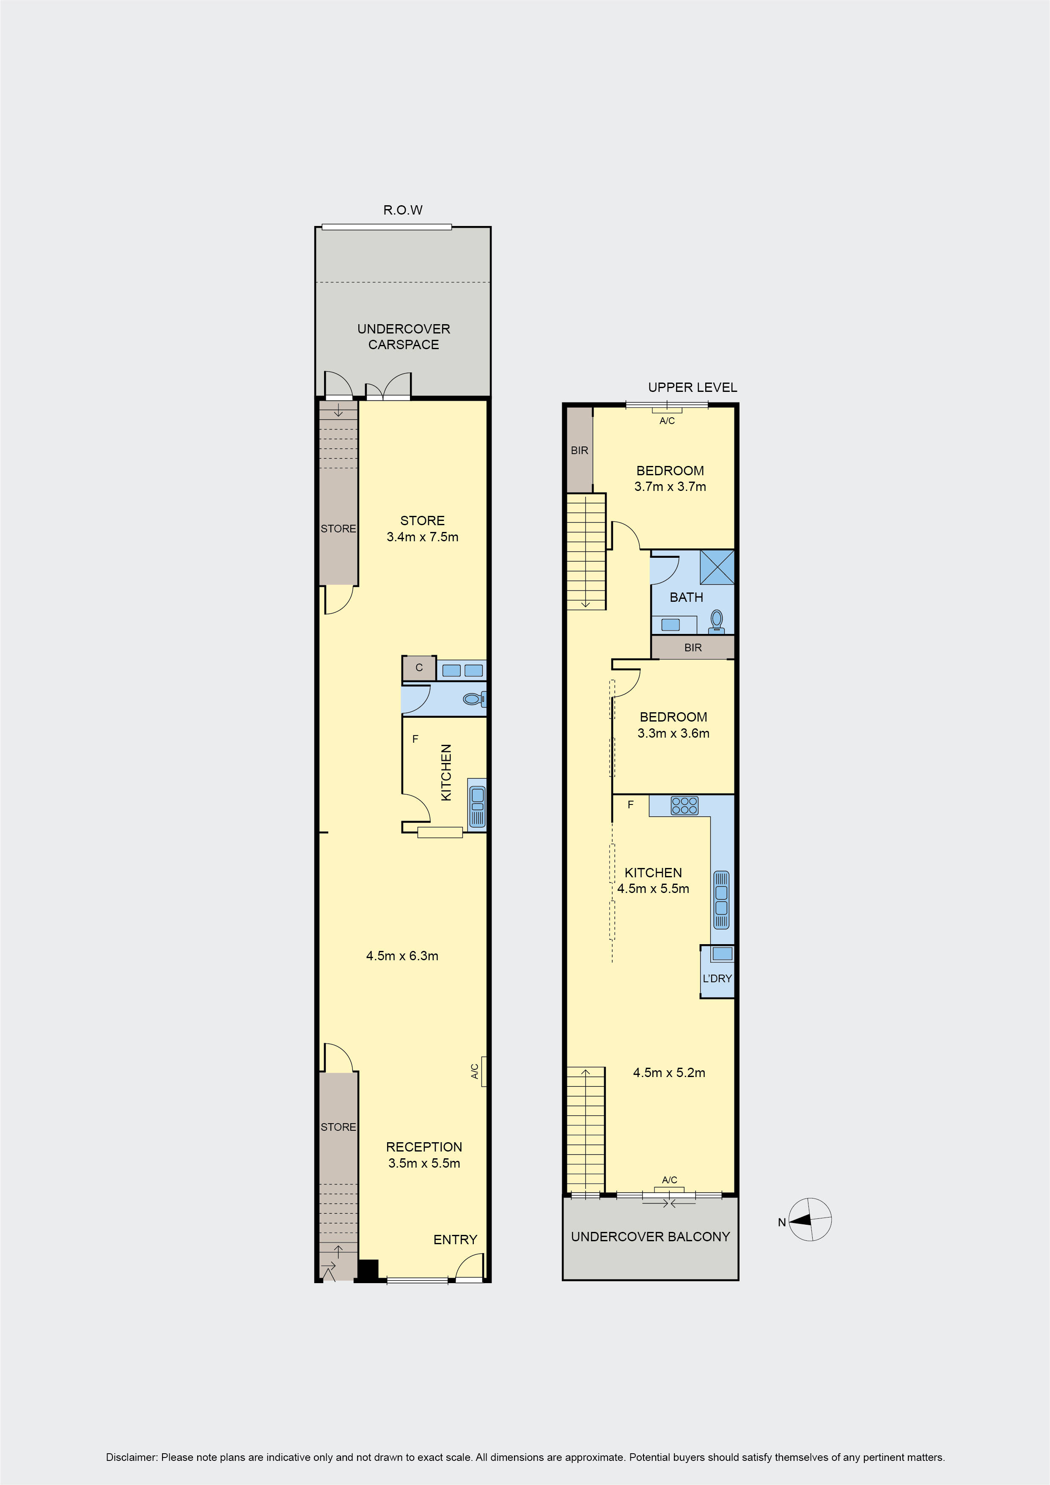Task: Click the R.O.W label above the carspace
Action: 403,210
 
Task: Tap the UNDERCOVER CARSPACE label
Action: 404,336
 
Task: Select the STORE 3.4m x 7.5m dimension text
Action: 422,537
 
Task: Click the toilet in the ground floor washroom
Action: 474,699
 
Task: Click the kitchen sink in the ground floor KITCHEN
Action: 477,807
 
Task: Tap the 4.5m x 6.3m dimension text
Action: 402,956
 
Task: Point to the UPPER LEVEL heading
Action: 693,387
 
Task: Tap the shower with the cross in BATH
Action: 717,567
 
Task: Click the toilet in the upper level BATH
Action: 716,620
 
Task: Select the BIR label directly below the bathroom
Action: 693,647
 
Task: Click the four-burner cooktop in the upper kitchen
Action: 684,805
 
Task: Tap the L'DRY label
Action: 717,978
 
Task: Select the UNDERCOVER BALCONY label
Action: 650,1237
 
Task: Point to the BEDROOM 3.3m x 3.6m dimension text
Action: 673,733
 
